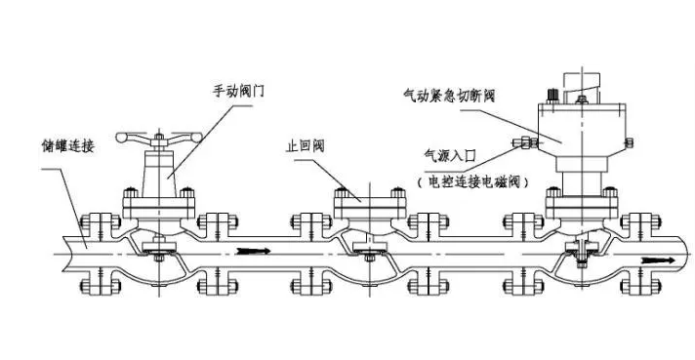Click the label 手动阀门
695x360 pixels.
(239, 91)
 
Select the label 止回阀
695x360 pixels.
(304, 147)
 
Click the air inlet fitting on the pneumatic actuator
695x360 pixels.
(526, 143)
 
